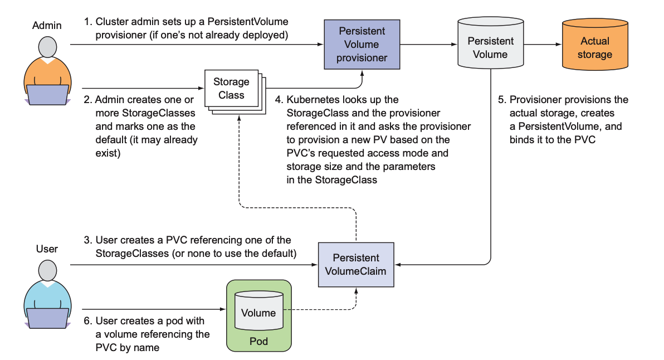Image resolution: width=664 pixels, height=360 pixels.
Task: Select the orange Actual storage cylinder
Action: pos(595,48)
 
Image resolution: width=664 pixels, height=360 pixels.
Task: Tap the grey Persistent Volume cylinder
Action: pos(490,48)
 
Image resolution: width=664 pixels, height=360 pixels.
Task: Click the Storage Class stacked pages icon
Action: pos(232,89)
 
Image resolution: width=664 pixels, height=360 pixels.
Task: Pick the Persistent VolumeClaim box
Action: pos(356,264)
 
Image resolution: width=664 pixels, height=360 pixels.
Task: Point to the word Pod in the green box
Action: pos(258,340)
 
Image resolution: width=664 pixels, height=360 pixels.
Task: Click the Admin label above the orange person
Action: pos(47,26)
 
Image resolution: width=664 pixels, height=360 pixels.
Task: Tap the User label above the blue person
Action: pos(47,249)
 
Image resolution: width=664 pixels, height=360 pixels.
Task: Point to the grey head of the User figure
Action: pos(47,271)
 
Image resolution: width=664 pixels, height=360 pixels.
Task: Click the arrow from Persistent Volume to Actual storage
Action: pos(543,45)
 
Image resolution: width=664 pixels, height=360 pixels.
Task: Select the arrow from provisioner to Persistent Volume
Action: pos(428,45)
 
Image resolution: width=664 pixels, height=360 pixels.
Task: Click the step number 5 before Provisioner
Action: pos(501,100)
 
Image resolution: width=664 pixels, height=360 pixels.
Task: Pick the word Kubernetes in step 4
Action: pos(312,100)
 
